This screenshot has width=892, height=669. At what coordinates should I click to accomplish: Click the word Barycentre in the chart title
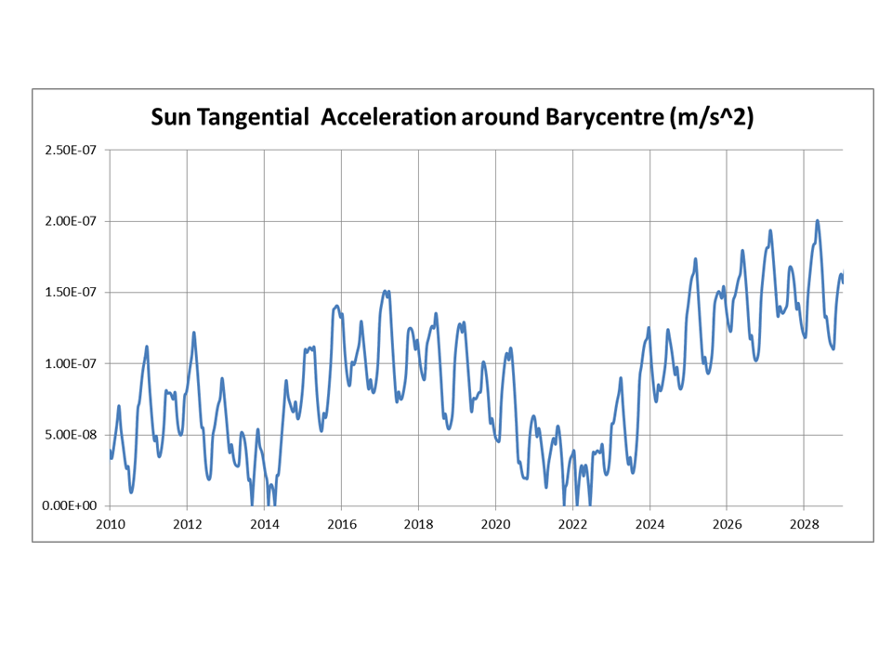pyautogui.click(x=605, y=117)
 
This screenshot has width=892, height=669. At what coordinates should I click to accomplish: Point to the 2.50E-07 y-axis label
pyautogui.click(x=71, y=151)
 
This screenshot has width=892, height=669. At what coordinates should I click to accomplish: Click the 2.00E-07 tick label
pyautogui.click(x=71, y=221)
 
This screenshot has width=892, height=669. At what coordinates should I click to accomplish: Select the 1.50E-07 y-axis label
pyautogui.click(x=71, y=293)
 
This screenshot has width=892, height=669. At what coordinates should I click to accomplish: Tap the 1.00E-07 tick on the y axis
pyautogui.click(x=71, y=363)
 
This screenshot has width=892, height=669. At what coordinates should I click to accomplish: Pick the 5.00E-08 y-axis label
pyautogui.click(x=71, y=435)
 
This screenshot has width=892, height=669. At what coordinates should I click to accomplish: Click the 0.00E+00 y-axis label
pyautogui.click(x=70, y=505)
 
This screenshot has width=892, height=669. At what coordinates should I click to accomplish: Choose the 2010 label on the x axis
pyautogui.click(x=111, y=524)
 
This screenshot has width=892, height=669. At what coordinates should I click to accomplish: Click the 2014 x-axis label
pyautogui.click(x=265, y=524)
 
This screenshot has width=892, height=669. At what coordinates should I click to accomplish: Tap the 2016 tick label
pyautogui.click(x=342, y=524)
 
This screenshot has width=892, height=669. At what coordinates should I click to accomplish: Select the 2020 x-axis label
pyautogui.click(x=496, y=524)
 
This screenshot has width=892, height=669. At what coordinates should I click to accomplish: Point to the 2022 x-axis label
pyautogui.click(x=573, y=524)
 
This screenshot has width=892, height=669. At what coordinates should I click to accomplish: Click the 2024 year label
pyautogui.click(x=650, y=524)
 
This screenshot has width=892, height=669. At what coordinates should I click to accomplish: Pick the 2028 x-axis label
pyautogui.click(x=805, y=524)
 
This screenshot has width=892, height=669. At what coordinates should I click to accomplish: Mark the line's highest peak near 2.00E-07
pyautogui.click(x=818, y=221)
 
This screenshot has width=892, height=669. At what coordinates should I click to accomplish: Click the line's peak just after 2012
pyautogui.click(x=194, y=333)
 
